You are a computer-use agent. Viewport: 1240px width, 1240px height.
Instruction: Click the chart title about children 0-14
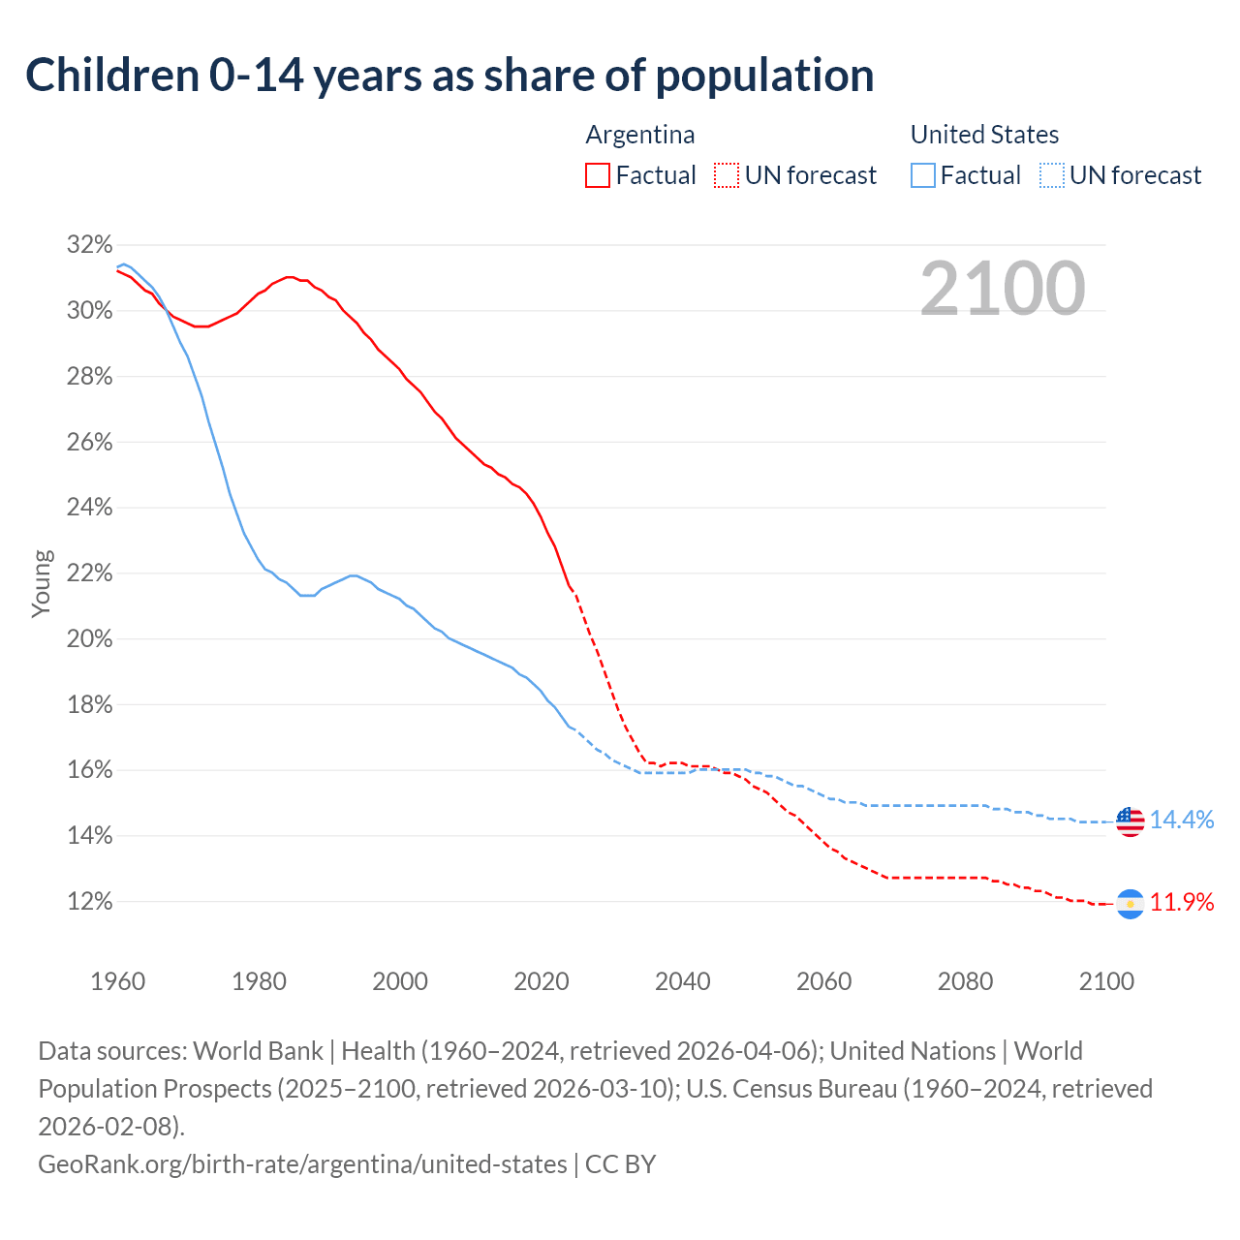point(449,76)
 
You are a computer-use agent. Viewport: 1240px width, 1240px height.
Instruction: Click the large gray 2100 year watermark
point(1002,289)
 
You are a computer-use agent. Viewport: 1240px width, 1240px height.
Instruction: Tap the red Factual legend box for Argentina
point(598,175)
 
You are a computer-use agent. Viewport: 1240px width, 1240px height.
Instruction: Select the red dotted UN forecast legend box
point(726,175)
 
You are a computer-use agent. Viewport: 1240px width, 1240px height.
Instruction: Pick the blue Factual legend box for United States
point(923,175)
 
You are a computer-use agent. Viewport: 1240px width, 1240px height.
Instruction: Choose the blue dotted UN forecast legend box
point(1051,175)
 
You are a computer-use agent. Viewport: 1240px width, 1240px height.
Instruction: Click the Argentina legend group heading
point(640,135)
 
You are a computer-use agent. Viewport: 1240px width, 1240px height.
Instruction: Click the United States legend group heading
point(984,135)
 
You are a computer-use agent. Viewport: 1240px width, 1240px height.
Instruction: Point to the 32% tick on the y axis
point(90,245)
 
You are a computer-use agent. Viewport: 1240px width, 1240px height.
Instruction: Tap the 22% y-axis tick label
point(90,573)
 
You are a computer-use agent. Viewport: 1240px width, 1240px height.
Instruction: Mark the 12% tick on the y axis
point(90,902)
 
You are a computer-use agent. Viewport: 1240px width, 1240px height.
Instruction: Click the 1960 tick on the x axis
point(118,981)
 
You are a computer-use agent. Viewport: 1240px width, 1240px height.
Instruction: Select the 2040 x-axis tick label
point(683,981)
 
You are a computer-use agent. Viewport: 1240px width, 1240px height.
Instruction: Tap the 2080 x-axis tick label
point(965,981)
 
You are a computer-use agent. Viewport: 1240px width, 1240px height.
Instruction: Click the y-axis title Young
point(42,583)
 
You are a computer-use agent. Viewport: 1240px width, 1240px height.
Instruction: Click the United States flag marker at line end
point(1130,821)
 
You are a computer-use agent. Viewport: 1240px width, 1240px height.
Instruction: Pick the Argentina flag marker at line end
point(1130,903)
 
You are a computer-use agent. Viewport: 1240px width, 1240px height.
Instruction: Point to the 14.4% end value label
point(1182,821)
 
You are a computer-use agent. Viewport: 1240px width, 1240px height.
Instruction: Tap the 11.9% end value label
point(1182,903)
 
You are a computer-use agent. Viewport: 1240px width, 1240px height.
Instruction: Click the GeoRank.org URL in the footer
point(302,1163)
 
